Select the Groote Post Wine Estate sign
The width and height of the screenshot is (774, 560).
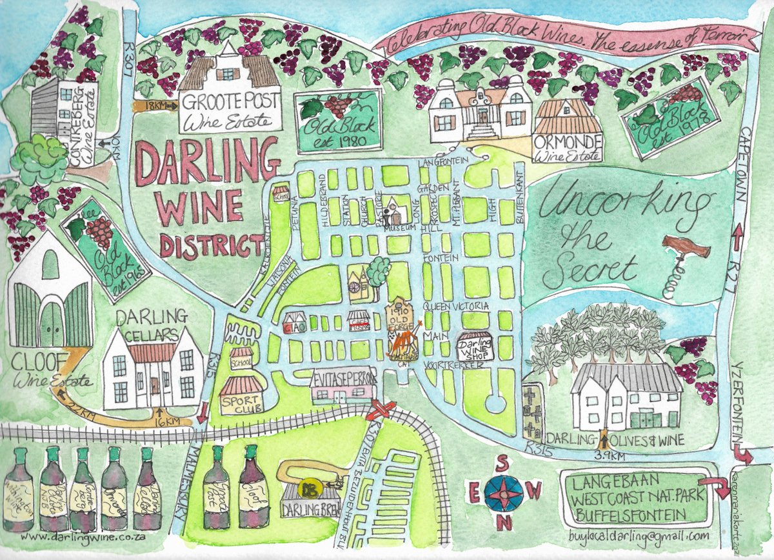[230, 112]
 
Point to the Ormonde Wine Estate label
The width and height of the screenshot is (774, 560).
[567, 147]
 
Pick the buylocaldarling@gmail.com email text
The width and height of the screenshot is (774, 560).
[639, 535]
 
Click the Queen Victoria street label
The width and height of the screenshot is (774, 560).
[456, 306]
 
